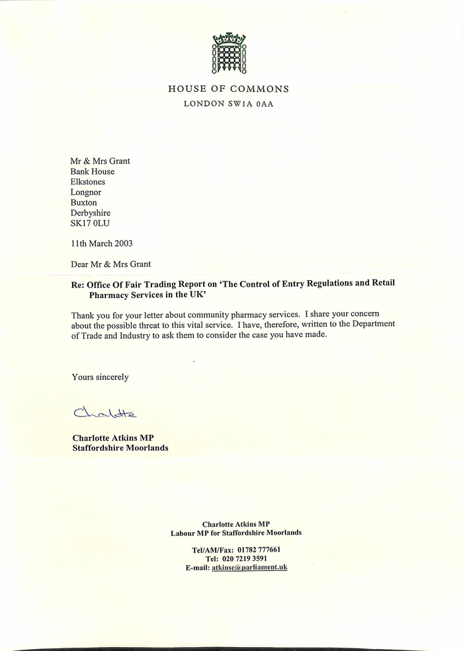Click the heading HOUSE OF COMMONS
point(229,89)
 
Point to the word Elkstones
point(88,182)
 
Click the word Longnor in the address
point(87,192)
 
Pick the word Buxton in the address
point(84,203)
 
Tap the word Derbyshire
point(91,213)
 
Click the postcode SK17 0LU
point(91,224)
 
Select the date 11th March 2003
point(102,243)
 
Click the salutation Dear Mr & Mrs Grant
point(110,264)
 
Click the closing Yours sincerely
point(100,377)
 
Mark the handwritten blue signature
point(105,414)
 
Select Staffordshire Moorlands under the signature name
point(120,447)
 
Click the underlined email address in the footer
point(249,568)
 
